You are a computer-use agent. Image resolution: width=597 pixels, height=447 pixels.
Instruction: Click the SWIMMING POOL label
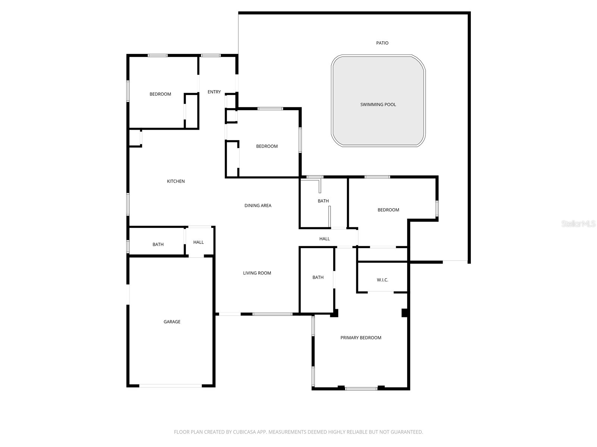tap(378, 105)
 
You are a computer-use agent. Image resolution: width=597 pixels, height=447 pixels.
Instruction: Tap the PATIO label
tap(382, 43)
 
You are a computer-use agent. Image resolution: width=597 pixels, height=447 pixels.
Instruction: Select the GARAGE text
tap(172, 322)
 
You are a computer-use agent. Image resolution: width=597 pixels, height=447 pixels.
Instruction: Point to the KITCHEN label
tap(176, 181)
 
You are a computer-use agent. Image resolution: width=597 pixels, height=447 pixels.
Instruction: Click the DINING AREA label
tap(258, 206)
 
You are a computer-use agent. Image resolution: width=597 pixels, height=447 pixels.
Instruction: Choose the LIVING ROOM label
tap(257, 273)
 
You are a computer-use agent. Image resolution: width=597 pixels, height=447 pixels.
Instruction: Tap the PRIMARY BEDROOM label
tap(361, 338)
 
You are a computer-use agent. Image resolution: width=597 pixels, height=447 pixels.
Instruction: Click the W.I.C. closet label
tap(382, 280)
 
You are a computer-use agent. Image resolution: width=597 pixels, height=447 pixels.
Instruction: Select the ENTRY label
tap(214, 92)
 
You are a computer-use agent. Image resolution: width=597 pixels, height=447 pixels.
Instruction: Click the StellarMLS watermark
tap(578, 224)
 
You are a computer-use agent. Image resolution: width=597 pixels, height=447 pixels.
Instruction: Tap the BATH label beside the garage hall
tap(158, 245)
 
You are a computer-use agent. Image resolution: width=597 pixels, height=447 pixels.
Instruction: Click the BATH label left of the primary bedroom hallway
tap(318, 278)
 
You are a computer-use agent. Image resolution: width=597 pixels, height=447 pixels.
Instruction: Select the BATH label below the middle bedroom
tap(323, 201)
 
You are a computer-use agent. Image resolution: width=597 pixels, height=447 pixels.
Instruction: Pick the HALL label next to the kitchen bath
tap(199, 242)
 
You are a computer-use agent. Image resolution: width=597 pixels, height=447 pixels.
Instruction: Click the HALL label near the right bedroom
tap(325, 239)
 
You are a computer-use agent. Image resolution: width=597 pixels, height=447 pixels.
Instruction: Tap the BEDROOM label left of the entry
tap(160, 94)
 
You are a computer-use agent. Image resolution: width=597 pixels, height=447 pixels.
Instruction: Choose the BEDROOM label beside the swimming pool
tap(267, 146)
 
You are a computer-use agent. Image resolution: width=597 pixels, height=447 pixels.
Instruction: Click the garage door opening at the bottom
tap(171, 386)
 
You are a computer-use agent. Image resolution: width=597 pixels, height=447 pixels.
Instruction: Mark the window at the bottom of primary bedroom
tap(361, 389)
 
